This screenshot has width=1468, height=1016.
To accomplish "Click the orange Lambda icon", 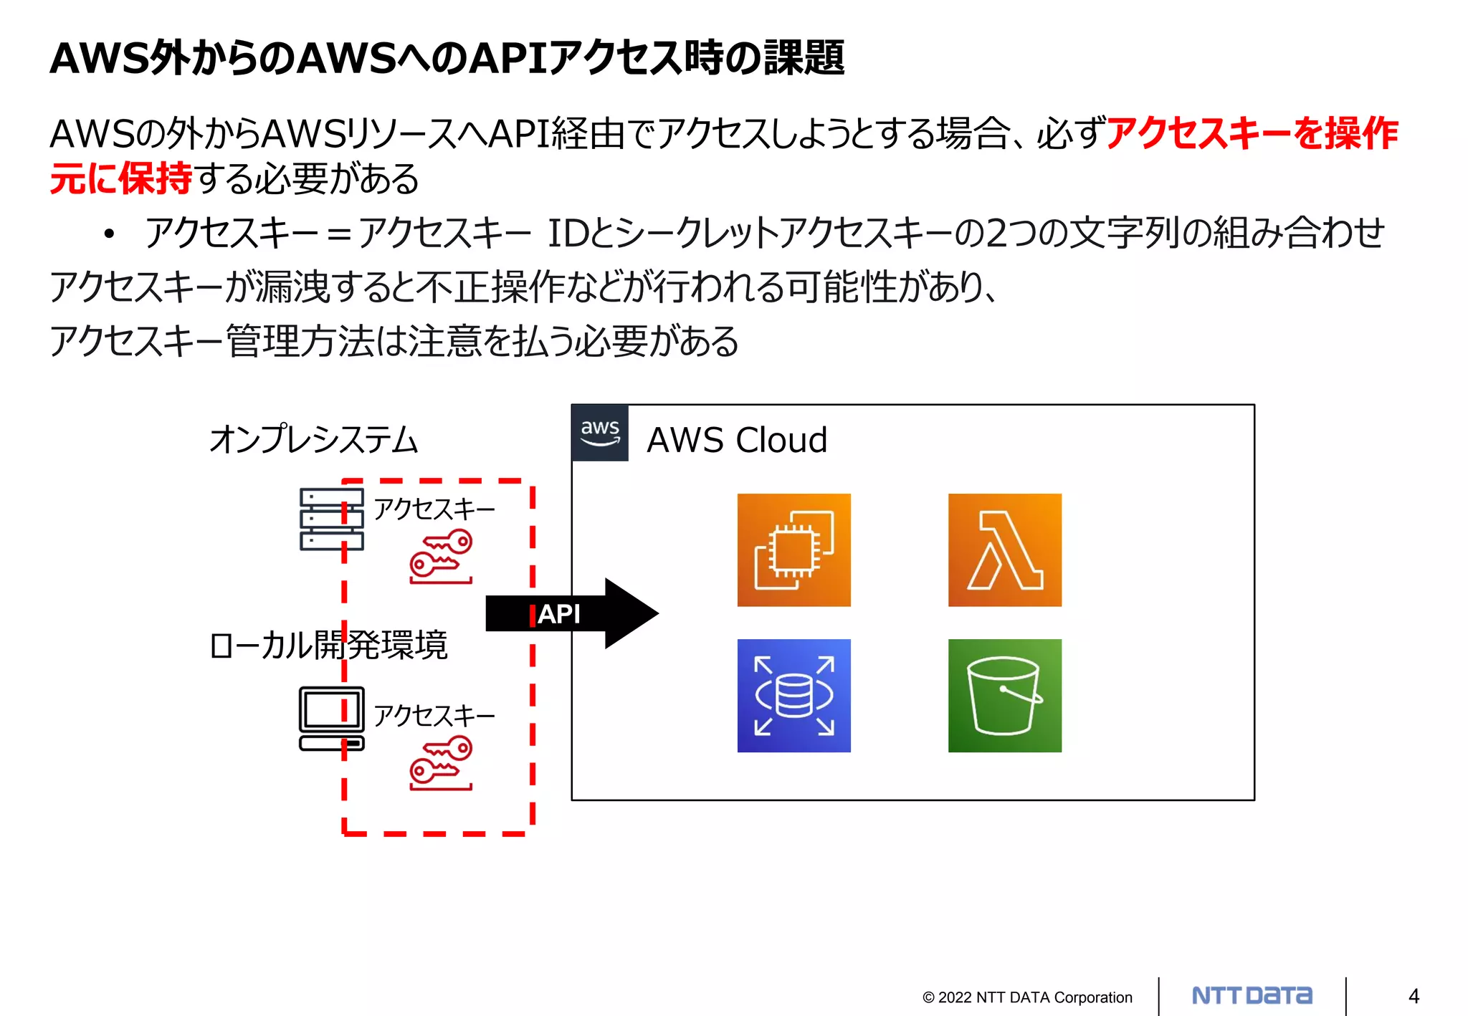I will click(x=1004, y=550).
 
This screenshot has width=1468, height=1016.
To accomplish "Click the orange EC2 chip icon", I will click(x=793, y=550).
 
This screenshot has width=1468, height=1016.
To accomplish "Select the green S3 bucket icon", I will click(x=1004, y=695).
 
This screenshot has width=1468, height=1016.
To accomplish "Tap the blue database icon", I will click(x=793, y=695).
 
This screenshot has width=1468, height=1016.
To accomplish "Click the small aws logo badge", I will click(x=600, y=433).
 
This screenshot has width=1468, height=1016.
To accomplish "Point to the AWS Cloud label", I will click(x=737, y=440).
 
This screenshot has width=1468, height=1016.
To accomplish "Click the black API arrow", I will click(x=571, y=613).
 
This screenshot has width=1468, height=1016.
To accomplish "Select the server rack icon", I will click(x=331, y=519).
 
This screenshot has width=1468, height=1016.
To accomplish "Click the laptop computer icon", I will click(x=331, y=718).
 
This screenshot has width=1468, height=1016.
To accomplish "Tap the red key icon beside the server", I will click(x=441, y=556).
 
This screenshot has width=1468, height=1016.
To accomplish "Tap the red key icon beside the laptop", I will click(x=441, y=765).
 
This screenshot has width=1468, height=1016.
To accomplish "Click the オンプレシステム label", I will click(x=313, y=439).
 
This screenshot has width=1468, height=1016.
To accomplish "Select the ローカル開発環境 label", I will click(x=328, y=645).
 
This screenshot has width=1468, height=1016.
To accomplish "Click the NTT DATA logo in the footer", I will click(x=1252, y=996).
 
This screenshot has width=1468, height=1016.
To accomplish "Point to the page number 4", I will click(x=1414, y=996).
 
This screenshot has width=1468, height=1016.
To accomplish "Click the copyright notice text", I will click(x=1027, y=997).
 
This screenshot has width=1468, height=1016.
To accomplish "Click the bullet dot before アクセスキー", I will click(x=109, y=234).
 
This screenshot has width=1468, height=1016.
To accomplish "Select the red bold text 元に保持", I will click(x=120, y=178).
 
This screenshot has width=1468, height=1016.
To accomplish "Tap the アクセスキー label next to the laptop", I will click(x=434, y=715).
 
